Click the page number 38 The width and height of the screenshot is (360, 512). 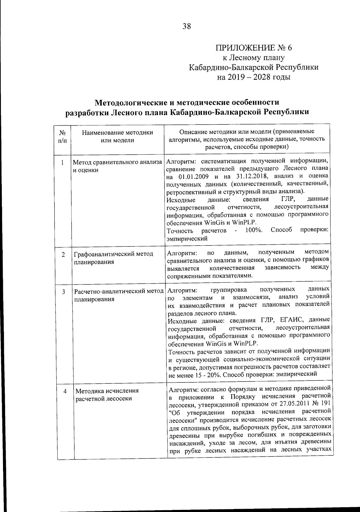point(186,27)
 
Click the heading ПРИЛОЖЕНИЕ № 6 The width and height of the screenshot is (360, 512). point(253,48)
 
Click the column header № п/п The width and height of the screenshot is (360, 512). point(62,136)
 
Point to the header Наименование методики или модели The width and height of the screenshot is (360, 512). point(118,136)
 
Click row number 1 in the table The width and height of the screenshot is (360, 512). point(62,163)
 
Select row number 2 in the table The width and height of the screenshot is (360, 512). point(63,255)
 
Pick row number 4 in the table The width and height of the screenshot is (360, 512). point(65,391)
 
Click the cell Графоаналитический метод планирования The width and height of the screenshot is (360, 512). point(114,258)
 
